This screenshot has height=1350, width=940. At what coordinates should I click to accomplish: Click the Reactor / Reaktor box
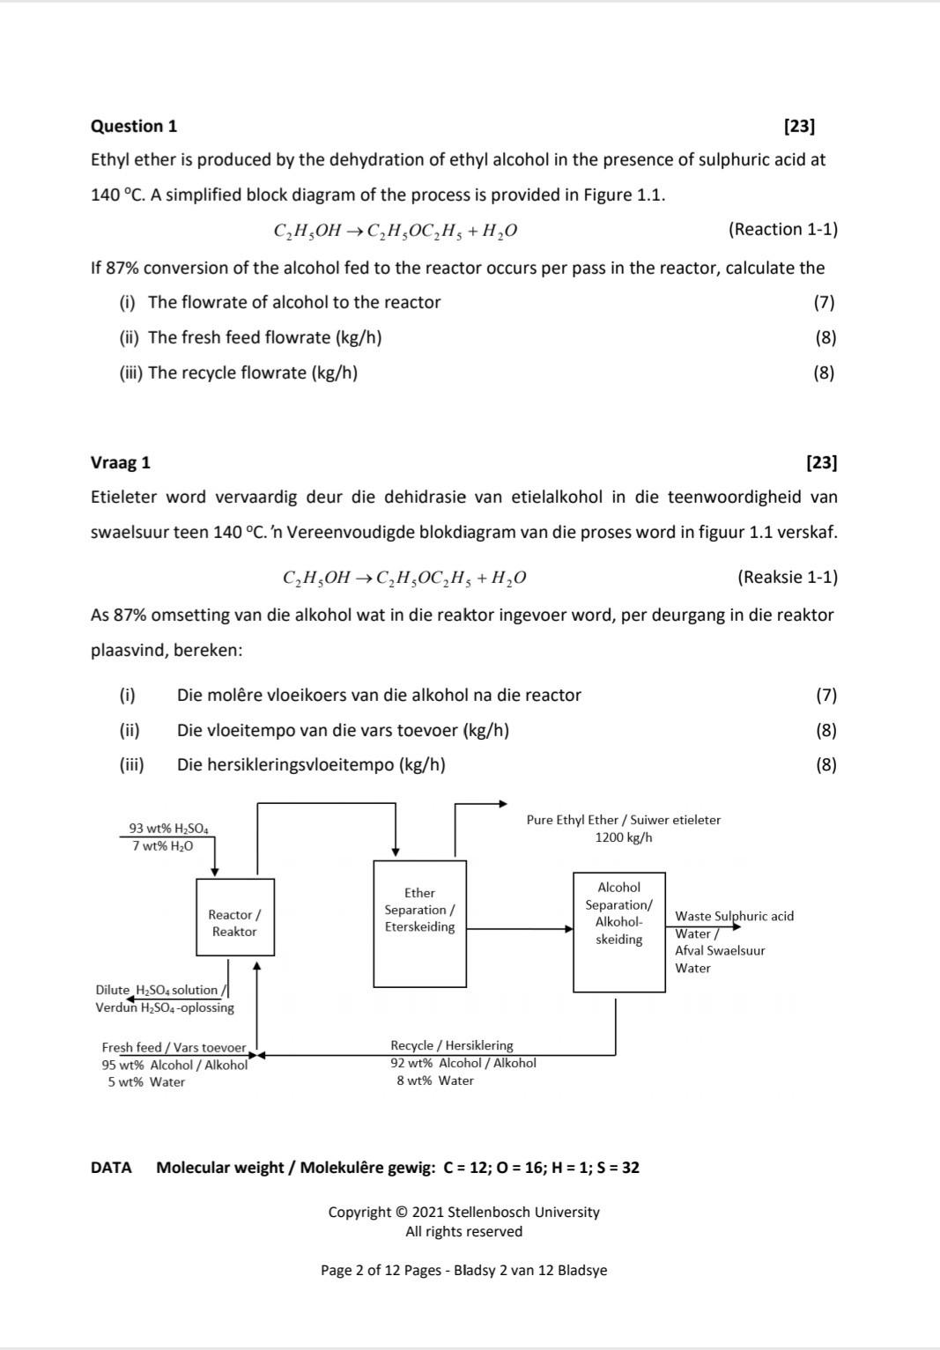[234, 917]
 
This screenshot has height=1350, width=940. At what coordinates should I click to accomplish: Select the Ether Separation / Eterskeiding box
[419, 923]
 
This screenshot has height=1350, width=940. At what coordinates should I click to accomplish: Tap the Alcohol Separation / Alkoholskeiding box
[618, 931]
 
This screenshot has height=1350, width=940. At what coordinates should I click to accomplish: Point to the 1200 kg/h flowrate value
[624, 837]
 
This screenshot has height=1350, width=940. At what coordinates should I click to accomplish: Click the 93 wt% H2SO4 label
[168, 828]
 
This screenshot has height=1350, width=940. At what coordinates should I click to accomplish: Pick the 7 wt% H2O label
[162, 846]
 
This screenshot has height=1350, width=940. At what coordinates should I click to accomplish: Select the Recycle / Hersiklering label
[451, 1045]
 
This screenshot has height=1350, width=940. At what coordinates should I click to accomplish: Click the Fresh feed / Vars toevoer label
[174, 1047]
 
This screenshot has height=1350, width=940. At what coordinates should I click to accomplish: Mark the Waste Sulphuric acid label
[734, 916]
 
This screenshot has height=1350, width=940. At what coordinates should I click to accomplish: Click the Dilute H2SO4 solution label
[161, 990]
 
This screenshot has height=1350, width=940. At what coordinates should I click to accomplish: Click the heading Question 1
[134, 126]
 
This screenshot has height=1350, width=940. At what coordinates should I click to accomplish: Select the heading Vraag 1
[121, 462]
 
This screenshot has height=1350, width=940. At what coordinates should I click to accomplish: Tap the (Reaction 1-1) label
[782, 229]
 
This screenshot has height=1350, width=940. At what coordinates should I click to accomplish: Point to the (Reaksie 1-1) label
[787, 577]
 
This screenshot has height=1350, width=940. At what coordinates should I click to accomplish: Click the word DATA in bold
[111, 1168]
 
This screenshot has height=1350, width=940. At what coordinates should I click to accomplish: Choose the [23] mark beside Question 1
[799, 126]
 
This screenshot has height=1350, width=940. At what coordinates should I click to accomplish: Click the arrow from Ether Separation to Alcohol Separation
[520, 928]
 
